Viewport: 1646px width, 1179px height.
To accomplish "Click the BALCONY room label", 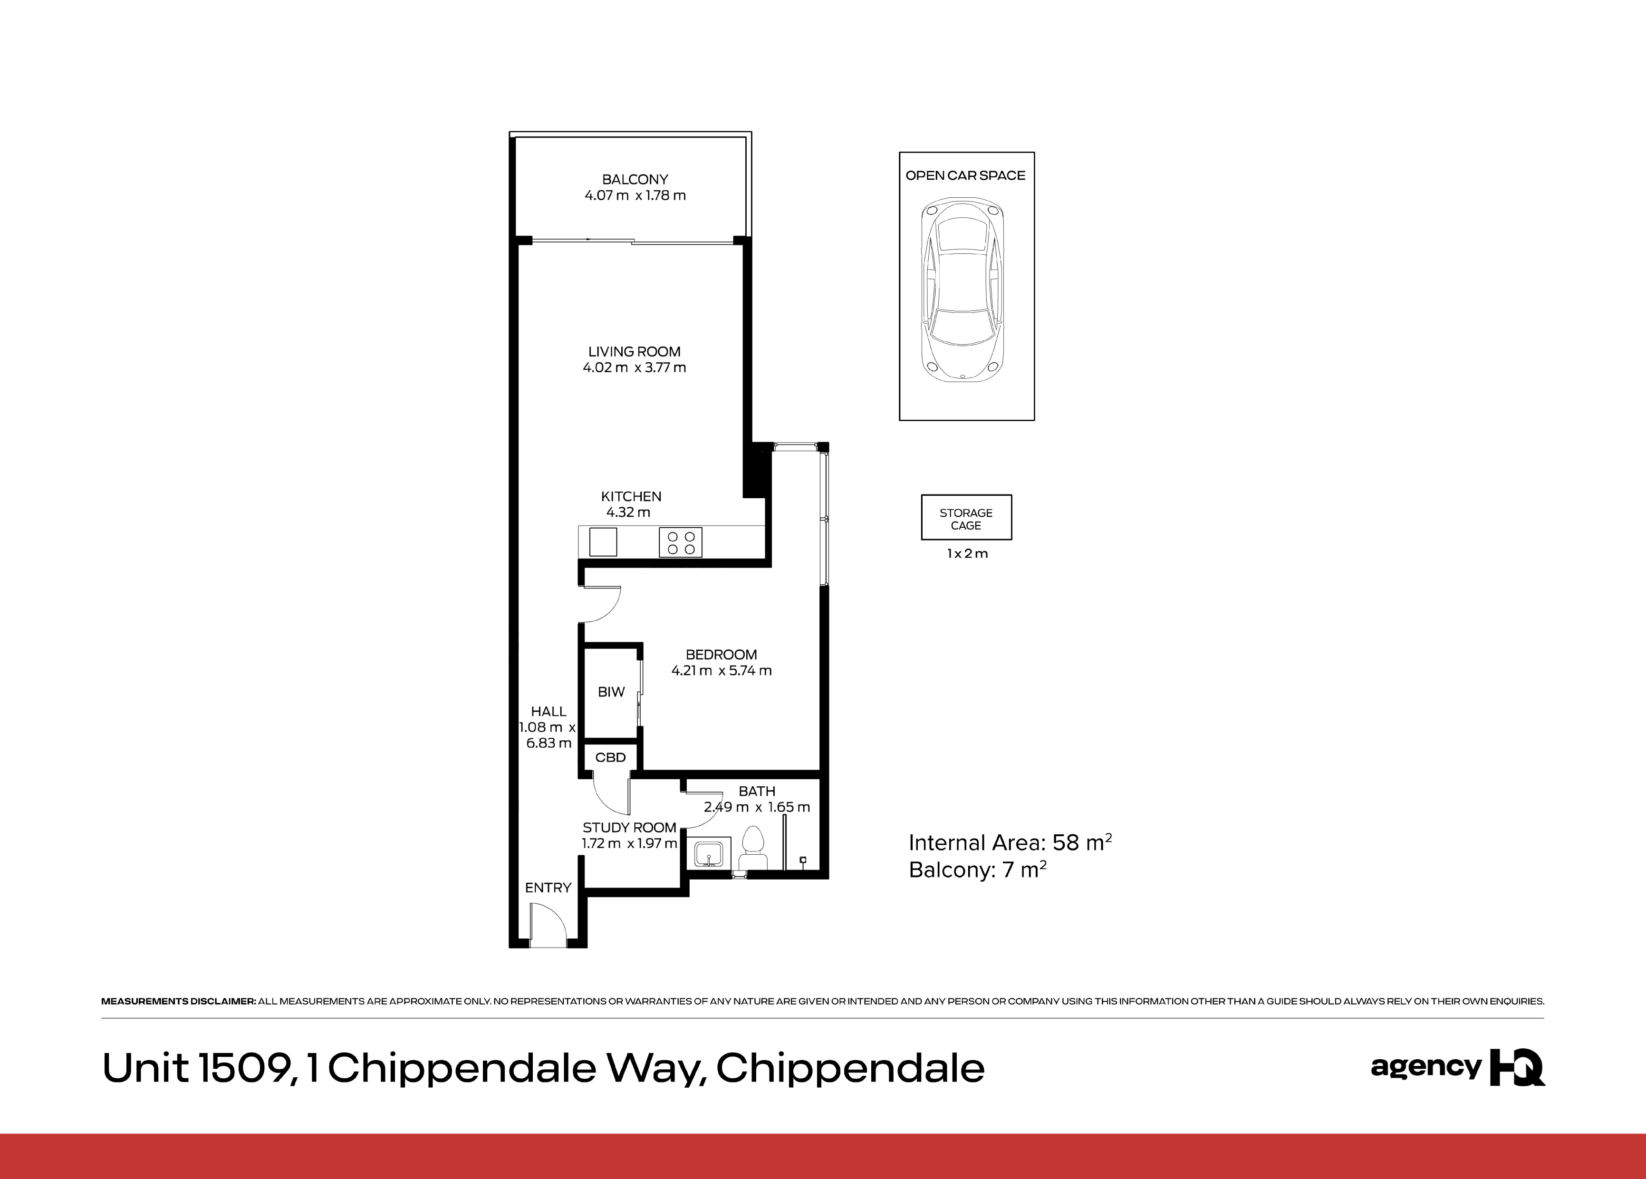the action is (635, 179).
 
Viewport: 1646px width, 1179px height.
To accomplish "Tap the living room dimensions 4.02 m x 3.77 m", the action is (635, 368).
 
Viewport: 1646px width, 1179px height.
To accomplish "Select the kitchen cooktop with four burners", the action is (681, 542).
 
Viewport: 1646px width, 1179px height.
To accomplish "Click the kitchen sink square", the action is (603, 541).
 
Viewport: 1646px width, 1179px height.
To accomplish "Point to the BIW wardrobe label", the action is (611, 692).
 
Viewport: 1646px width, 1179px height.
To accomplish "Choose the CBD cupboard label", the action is (610, 757).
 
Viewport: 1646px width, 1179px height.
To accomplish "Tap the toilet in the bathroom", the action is (753, 848).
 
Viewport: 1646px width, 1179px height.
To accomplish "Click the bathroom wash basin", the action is (708, 854).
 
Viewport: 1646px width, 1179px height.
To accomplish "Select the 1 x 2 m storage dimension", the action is (967, 553).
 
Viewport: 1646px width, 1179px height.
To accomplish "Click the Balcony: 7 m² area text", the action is (977, 870).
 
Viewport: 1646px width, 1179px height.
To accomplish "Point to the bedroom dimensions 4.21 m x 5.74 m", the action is (722, 671).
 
